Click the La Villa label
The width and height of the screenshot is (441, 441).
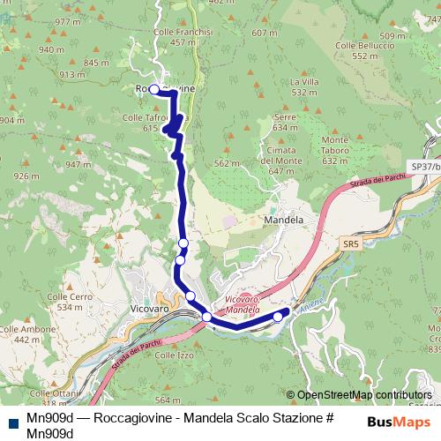point(303,81)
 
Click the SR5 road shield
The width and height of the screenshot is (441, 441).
point(350,243)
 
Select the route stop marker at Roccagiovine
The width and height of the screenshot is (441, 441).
point(153,89)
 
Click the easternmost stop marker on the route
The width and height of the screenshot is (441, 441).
point(278,317)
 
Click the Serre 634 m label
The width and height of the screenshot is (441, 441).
point(285,122)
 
